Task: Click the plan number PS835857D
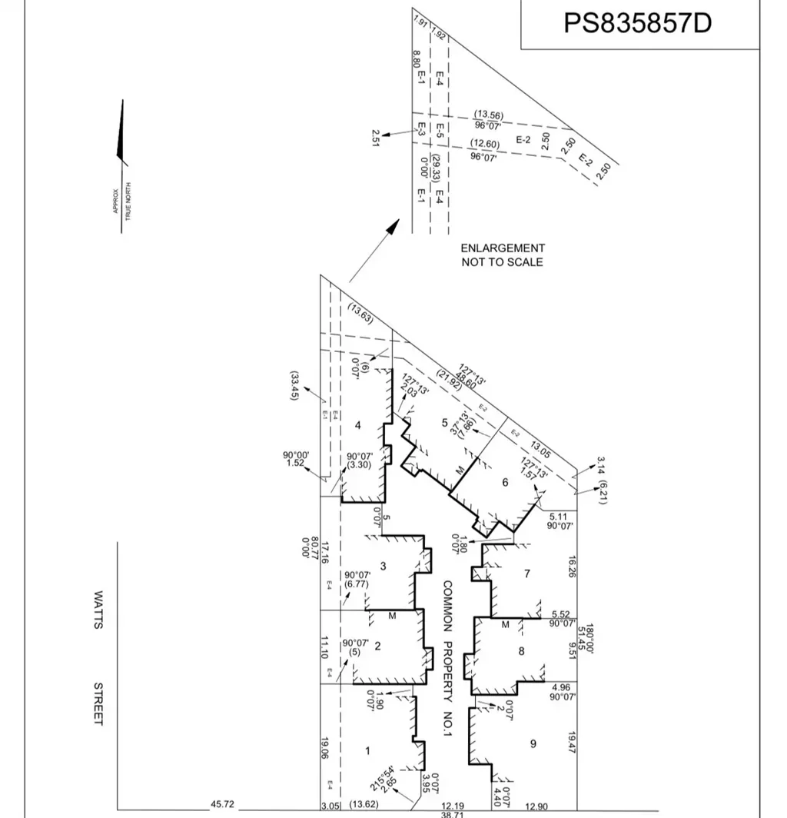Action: pyautogui.click(x=638, y=23)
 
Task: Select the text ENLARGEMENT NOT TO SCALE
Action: pyautogui.click(x=503, y=255)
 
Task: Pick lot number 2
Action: pyautogui.click(x=377, y=646)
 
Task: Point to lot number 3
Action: pyautogui.click(x=383, y=567)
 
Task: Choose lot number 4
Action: pyautogui.click(x=358, y=425)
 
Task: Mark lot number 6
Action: pyautogui.click(x=505, y=483)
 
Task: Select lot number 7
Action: pyautogui.click(x=526, y=574)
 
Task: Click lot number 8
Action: pyautogui.click(x=521, y=652)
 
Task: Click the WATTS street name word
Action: pyautogui.click(x=98, y=610)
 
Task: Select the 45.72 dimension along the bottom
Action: pyautogui.click(x=222, y=805)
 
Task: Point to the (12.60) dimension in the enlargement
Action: pyautogui.click(x=485, y=145)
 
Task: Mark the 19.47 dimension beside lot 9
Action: pyautogui.click(x=571, y=743)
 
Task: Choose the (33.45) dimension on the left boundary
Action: pyautogui.click(x=294, y=386)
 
